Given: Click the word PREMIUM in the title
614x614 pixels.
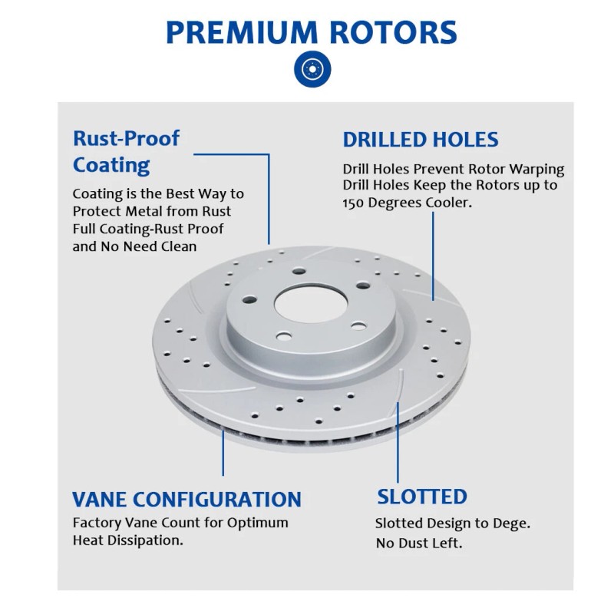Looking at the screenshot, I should click(x=239, y=32).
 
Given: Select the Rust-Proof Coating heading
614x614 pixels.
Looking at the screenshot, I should click(x=126, y=151).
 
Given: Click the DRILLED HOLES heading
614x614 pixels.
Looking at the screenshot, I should click(x=421, y=140).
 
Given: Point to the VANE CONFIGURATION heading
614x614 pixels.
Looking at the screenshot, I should click(x=187, y=499).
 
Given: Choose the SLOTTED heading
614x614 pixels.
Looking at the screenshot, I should click(x=421, y=497).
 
